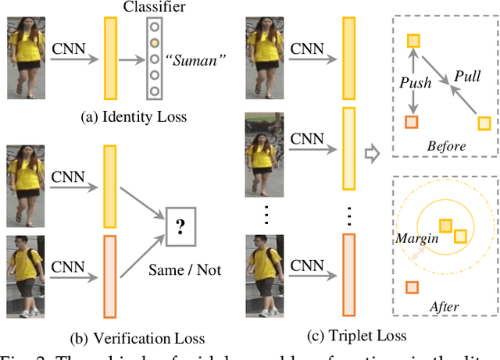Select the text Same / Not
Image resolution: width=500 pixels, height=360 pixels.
(185, 270)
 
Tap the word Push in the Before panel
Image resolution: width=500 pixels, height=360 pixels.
(415, 81)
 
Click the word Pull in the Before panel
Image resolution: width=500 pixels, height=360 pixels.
(468, 77)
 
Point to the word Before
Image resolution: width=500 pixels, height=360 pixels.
(446, 146)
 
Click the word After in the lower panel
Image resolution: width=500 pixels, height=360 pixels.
(444, 307)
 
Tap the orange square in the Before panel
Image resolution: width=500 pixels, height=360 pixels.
(411, 121)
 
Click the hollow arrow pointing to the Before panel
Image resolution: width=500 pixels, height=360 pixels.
(373, 152)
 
